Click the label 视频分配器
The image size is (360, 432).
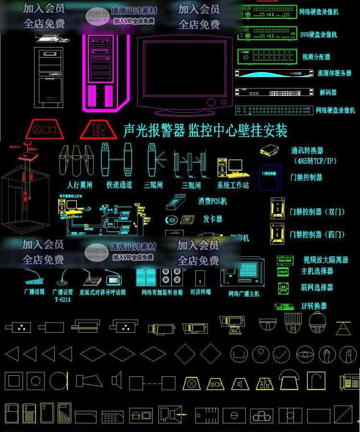(x=316, y=57)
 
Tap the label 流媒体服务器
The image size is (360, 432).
(x=334, y=73)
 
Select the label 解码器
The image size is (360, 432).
(x=328, y=92)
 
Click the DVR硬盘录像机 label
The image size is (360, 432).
(x=318, y=35)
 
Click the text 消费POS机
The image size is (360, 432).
(x=213, y=201)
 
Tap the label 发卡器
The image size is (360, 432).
(x=213, y=219)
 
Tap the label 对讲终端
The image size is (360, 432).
(x=200, y=292)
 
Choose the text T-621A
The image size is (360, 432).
(x=63, y=300)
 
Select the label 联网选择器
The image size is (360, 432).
(x=317, y=288)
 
